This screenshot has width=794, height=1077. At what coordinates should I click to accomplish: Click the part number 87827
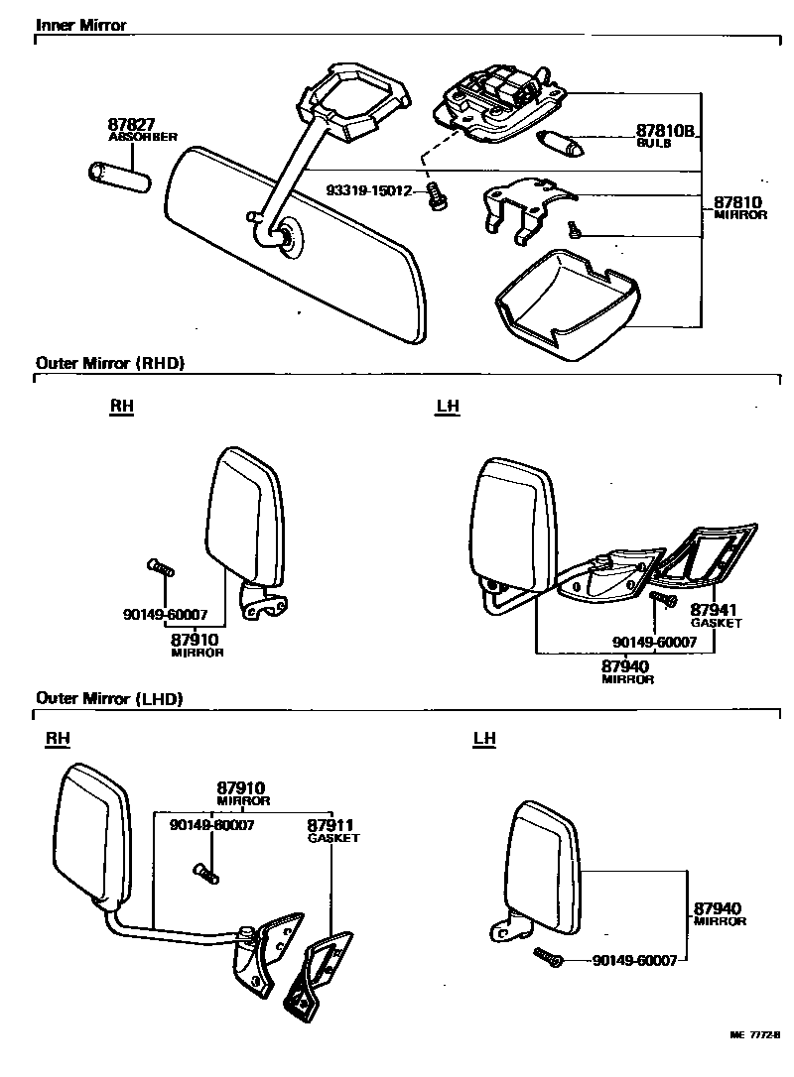(x=131, y=125)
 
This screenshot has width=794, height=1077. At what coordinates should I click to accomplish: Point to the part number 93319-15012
(x=369, y=190)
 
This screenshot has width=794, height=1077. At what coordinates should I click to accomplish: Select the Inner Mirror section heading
(x=81, y=25)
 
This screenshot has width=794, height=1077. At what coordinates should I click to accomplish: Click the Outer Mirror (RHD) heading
(x=110, y=363)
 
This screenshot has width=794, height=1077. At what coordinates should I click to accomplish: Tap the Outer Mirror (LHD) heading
(x=109, y=698)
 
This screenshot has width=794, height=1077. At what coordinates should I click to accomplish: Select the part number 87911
(x=331, y=825)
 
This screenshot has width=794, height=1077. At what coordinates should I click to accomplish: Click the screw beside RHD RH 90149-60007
(x=160, y=568)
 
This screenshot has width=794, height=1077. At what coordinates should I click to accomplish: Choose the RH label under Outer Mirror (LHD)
(x=58, y=739)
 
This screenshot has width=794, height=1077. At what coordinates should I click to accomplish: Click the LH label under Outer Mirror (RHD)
(x=448, y=407)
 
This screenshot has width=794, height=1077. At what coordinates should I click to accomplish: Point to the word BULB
(x=654, y=144)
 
